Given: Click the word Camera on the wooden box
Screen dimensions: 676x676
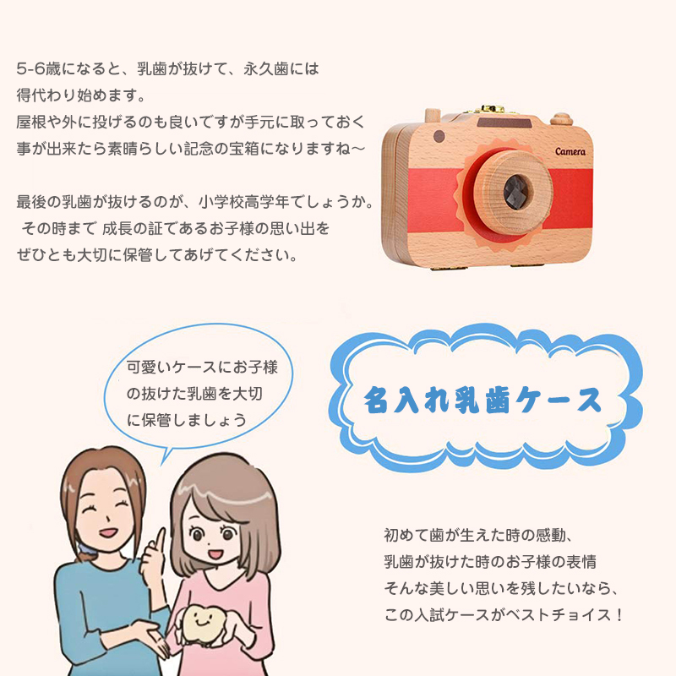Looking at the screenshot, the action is (570, 151).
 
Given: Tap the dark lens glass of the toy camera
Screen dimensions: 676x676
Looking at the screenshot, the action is (518, 193).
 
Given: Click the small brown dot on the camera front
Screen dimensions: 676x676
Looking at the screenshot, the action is (439, 136).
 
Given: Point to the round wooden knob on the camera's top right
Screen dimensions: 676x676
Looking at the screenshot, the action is (561, 118).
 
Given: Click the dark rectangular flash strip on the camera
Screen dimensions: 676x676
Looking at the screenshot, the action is (504, 123).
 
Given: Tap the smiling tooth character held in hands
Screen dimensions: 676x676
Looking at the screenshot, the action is (199, 624).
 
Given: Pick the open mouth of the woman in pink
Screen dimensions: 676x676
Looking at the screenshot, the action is (215, 553).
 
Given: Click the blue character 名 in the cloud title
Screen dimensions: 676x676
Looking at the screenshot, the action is (376, 400).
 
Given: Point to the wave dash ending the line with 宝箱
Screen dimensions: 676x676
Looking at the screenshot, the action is (357, 150).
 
